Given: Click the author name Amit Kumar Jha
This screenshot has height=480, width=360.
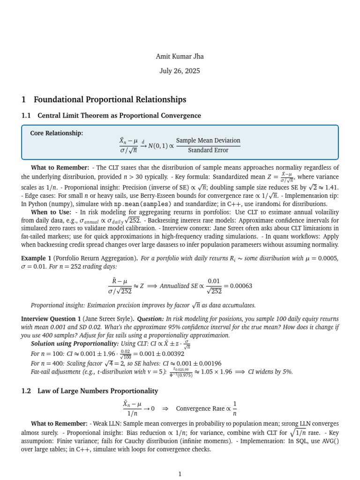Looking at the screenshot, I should (x=180, y=57).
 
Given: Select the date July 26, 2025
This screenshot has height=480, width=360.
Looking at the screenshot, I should (x=180, y=71).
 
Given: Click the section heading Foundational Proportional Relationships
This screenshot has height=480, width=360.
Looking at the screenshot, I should (x=110, y=99).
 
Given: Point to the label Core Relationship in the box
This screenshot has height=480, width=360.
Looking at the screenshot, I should (x=57, y=133).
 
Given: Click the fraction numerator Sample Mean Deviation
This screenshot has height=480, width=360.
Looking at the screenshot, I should (x=208, y=141).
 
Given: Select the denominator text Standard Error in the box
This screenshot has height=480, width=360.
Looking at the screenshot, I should (x=208, y=150).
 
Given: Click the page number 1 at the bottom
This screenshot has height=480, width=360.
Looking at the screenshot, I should (x=180, y=474).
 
